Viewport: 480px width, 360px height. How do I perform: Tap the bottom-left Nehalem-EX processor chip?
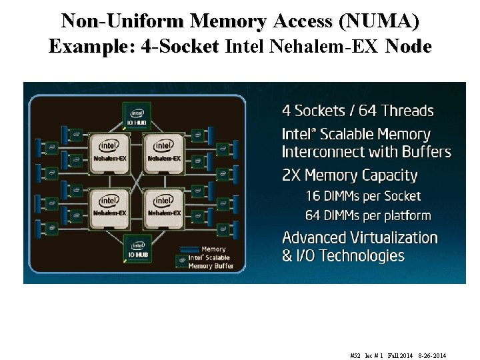[x=110, y=205]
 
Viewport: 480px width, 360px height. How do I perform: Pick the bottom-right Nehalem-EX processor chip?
[x=163, y=205]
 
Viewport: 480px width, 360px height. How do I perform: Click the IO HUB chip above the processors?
[x=137, y=117]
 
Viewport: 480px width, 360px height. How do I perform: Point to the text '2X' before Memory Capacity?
[x=292, y=176]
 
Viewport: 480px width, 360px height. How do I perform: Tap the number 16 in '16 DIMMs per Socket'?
[x=313, y=196]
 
